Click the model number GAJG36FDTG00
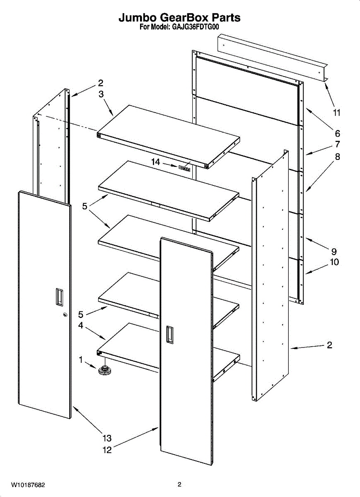coord(195,27)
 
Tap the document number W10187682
coord(28,485)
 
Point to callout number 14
coord(155,162)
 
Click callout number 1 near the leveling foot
coord(81,360)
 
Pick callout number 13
coord(107,438)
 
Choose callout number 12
coord(107,450)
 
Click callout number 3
coord(101,94)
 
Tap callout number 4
coord(81,326)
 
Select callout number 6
coord(337,133)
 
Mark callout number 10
coord(334,262)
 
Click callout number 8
coord(337,157)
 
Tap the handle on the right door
coord(169,334)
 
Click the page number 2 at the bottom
coord(179,485)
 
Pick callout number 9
coord(334,251)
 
